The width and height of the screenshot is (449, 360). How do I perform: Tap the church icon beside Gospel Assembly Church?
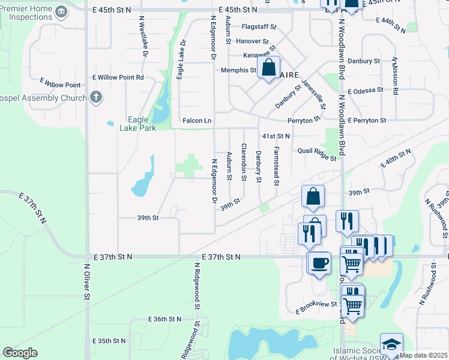pos(97,97)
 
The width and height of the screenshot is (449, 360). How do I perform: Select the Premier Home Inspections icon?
pos(61,12)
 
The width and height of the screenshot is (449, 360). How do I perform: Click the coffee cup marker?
pos(319,262)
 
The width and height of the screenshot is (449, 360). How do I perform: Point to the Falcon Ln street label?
pos(197,121)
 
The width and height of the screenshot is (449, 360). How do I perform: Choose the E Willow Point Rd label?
pos(118,77)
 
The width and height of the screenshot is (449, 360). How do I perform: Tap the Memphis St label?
pos(238,70)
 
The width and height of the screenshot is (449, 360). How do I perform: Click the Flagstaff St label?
pos(259,27)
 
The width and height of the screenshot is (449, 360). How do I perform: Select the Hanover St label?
pos(252,41)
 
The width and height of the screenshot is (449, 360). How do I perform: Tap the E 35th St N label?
pos(109,341)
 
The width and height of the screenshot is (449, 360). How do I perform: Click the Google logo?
pos(20,353)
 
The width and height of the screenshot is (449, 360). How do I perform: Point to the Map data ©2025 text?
pos(424,356)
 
